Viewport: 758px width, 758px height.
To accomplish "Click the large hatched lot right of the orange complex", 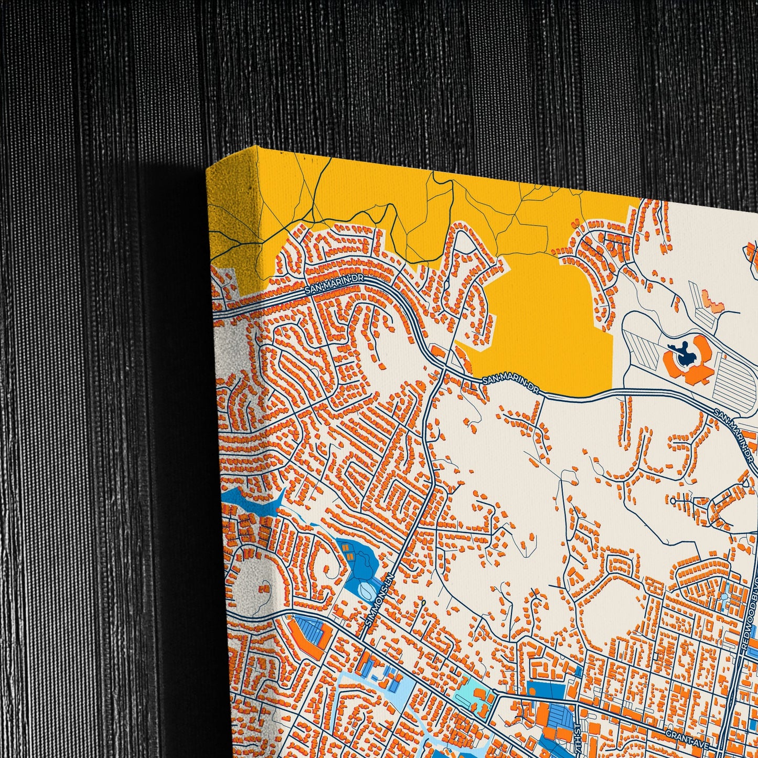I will [737, 378].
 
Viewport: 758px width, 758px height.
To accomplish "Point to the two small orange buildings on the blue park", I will [346, 549].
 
